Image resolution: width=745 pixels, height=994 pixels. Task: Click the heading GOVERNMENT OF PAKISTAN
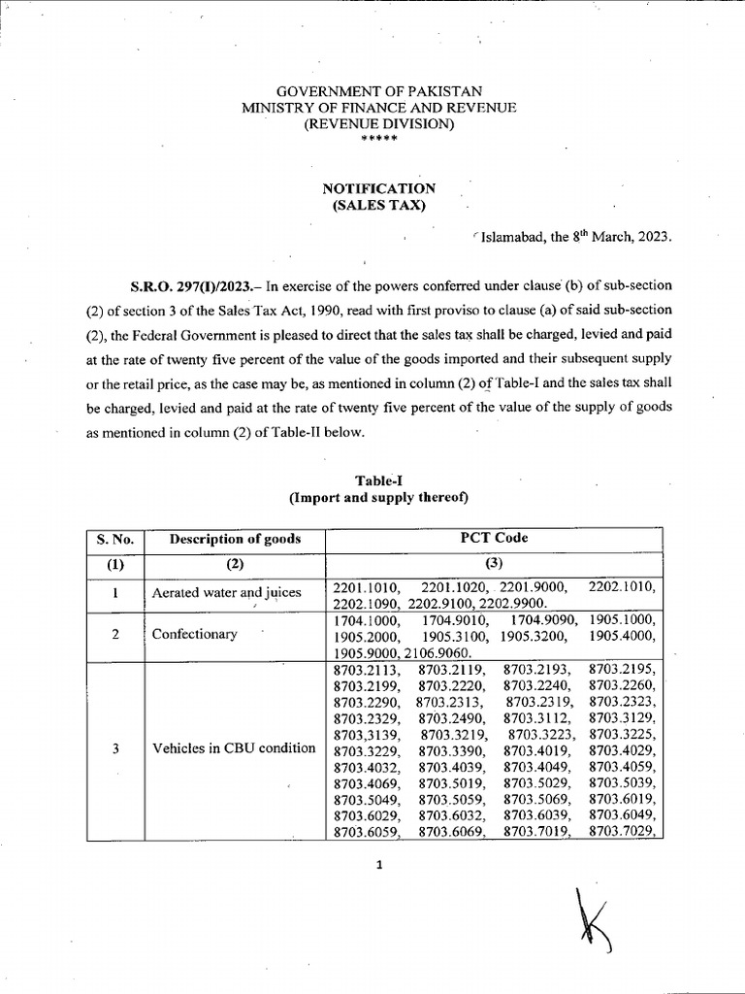[379, 91]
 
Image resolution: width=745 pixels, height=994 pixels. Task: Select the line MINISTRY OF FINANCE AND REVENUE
[379, 108]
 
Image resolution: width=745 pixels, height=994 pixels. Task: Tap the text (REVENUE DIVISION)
[379, 124]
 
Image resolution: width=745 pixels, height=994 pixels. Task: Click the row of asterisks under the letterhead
[378, 140]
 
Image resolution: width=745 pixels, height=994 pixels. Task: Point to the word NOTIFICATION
[379, 188]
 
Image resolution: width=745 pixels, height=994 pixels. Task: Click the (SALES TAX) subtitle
[379, 205]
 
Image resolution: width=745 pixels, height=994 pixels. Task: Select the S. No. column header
[114, 539]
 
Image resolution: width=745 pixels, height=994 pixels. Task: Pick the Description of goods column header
[235, 539]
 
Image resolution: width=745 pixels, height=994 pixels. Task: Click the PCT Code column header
[494, 538]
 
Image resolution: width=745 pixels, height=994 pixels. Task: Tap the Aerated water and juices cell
[227, 593]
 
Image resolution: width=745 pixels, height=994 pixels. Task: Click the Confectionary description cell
[195, 634]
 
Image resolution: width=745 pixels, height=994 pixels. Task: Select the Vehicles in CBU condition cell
[234, 748]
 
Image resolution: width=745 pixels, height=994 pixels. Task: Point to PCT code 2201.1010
[363, 586]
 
